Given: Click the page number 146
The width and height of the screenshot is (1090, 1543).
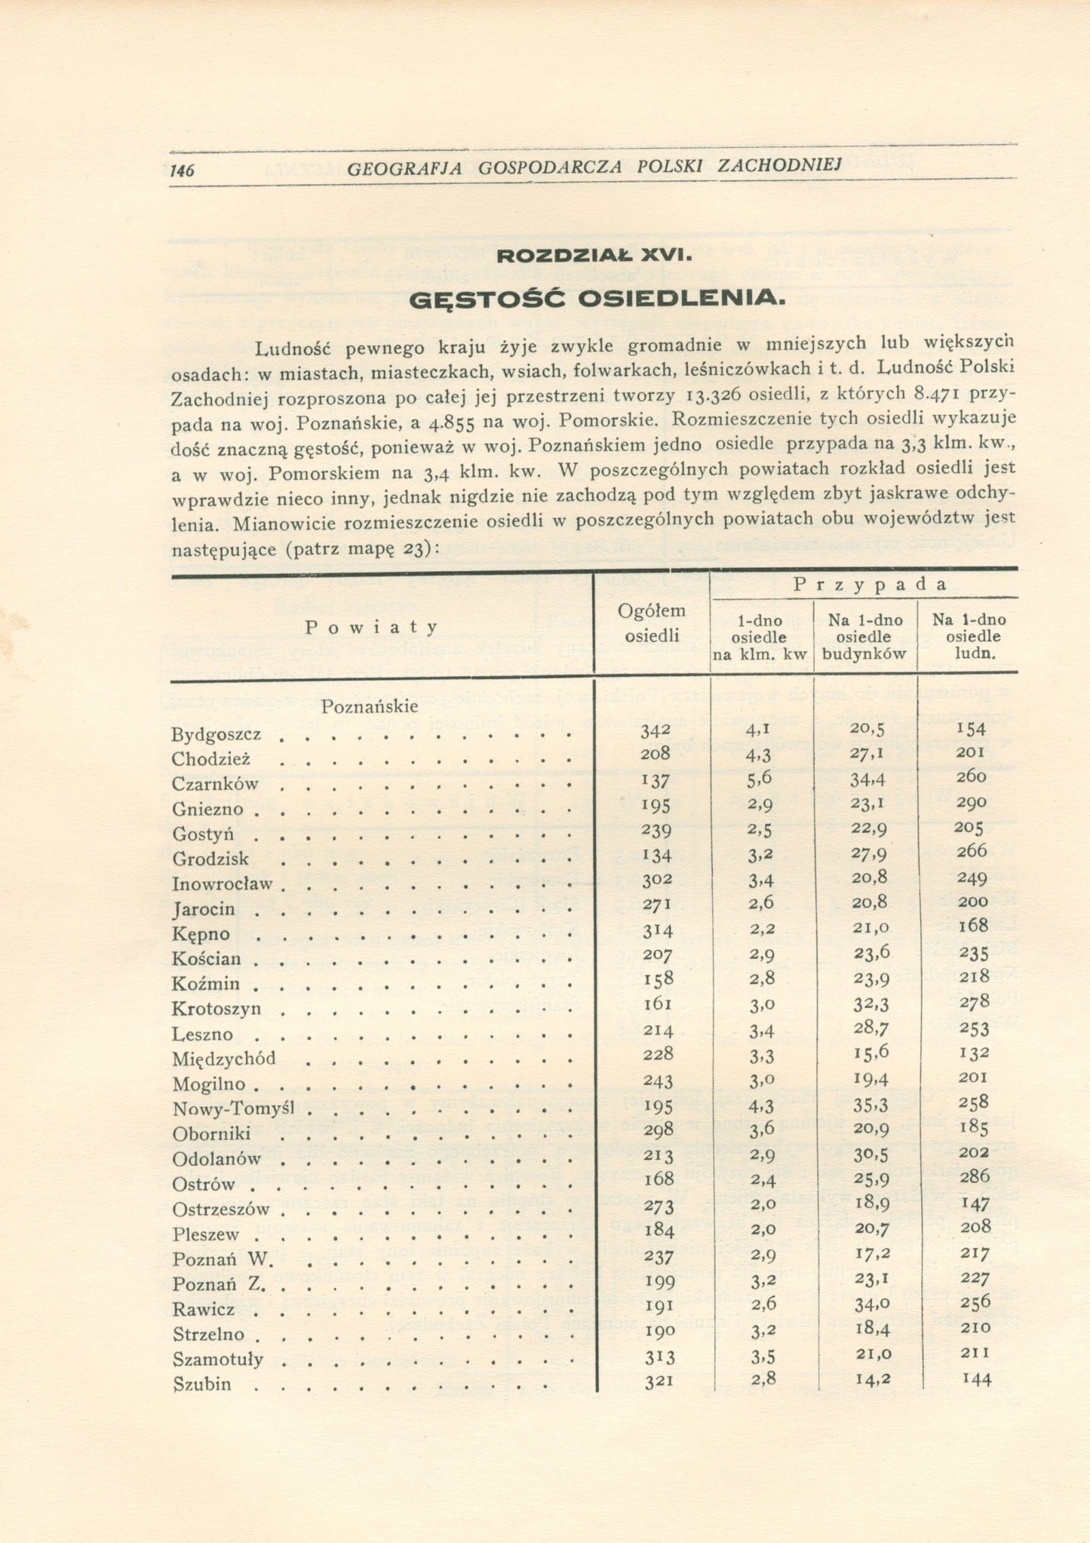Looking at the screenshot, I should coord(183,171).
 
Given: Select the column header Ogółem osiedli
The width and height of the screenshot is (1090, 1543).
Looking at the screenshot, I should coord(652,622).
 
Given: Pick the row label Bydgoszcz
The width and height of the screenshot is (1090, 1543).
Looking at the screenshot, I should coord(216,735).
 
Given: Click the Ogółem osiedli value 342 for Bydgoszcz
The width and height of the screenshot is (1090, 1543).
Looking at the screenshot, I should coord(654,731).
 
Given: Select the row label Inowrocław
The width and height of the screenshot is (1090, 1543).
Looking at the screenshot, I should coord(222,884).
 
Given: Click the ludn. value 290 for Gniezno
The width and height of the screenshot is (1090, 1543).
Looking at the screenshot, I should coord(971,803).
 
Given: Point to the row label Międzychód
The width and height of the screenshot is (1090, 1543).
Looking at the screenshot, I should coord(224,1059).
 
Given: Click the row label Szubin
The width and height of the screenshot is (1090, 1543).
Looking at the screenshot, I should coord(201,1385).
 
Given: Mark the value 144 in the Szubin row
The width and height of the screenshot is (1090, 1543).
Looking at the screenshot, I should coord(976,1380).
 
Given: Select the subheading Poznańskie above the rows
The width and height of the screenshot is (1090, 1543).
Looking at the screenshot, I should coord(370,707).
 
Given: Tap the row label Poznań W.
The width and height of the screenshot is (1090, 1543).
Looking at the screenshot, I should coord(216,1259).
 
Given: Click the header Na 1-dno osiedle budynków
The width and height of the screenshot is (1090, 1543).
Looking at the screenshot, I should coord(864,637).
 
